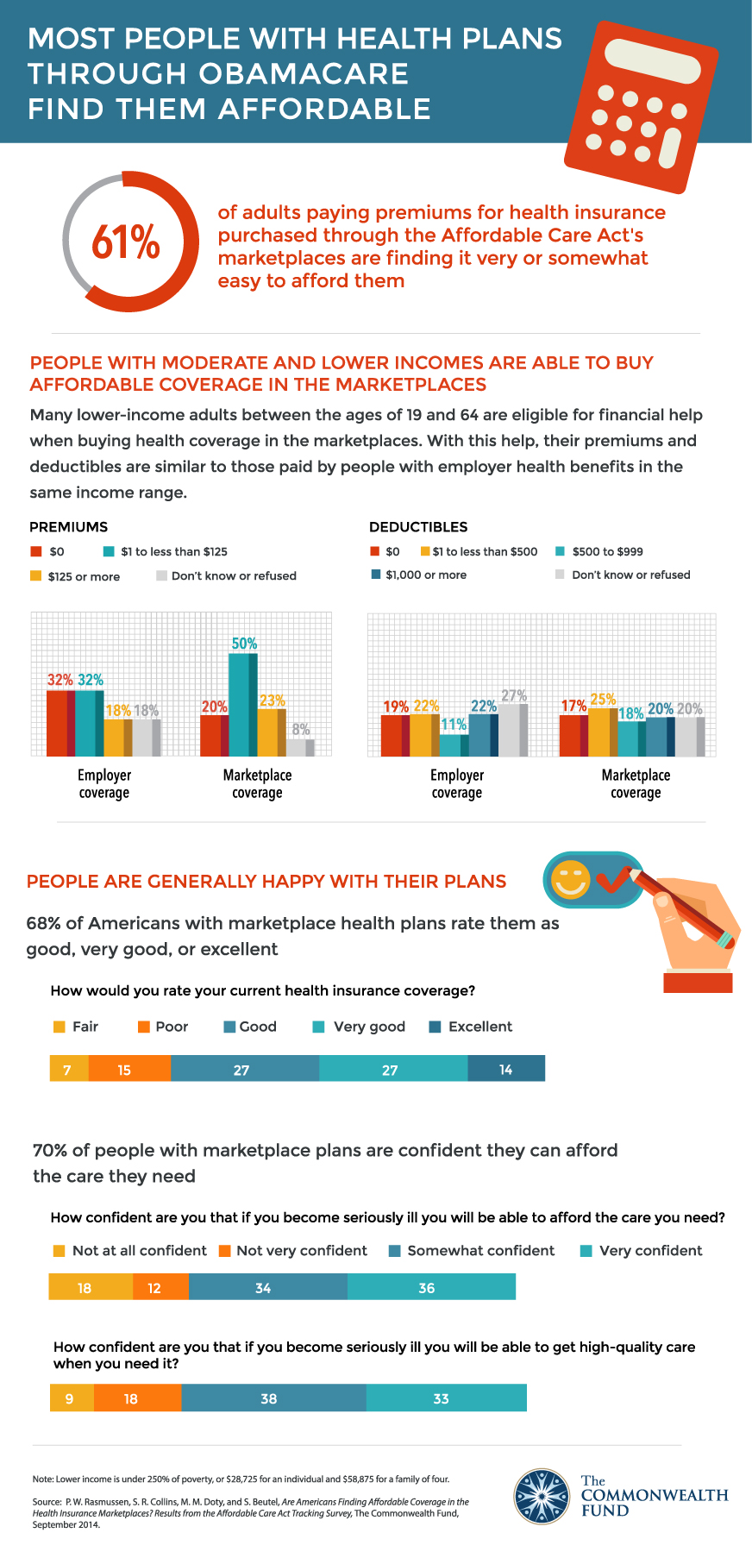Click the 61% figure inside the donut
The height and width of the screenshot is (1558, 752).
[126, 242]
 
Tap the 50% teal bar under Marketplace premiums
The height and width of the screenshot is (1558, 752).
[242, 704]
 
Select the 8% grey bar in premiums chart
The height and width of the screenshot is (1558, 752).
[300, 747]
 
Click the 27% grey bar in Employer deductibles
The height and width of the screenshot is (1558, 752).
[513, 730]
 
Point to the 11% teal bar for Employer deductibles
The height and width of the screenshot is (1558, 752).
[454, 745]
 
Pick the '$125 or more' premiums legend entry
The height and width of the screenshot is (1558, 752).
[75, 576]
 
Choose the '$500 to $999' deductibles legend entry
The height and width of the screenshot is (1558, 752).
[599, 551]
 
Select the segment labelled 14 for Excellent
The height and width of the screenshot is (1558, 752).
[506, 1070]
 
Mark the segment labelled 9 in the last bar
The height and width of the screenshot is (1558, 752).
[71, 1398]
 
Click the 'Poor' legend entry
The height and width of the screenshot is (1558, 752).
[163, 1027]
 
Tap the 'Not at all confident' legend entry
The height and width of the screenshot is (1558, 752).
[130, 1251]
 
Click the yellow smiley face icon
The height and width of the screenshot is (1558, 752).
[570, 879]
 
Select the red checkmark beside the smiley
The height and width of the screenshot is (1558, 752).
[614, 880]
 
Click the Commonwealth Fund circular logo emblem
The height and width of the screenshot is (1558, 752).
[542, 1496]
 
